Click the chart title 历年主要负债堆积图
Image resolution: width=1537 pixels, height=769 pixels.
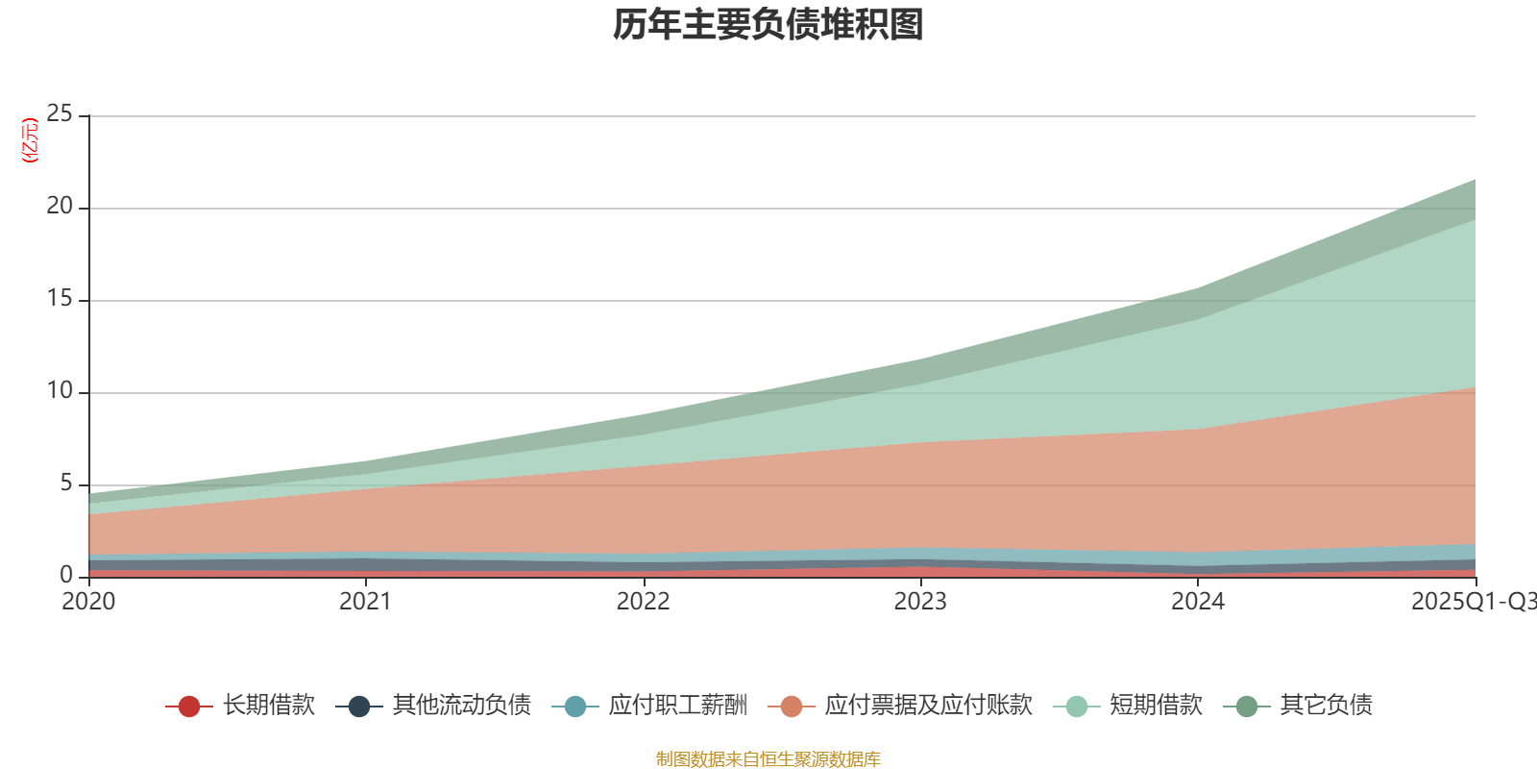(768, 25)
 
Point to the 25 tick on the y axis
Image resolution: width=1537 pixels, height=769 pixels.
(60, 114)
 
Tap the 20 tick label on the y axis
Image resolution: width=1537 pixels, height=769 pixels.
(60, 207)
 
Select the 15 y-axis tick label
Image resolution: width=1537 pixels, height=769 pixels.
(60, 299)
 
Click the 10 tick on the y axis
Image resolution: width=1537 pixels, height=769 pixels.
(60, 391)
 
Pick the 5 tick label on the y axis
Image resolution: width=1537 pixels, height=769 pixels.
(66, 484)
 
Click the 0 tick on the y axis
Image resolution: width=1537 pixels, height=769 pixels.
(66, 575)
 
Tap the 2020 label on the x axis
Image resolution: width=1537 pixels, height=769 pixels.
(88, 602)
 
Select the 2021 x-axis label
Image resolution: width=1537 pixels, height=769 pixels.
(366, 602)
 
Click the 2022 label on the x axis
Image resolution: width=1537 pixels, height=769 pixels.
(643, 602)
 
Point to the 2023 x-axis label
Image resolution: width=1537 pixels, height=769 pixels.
(920, 602)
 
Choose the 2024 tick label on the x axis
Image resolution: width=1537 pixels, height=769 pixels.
(1198, 602)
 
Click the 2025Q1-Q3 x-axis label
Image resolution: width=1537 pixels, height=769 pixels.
(1473, 602)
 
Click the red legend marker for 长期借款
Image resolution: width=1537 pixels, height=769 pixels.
(189, 707)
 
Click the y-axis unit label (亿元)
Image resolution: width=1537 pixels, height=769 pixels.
(30, 140)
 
